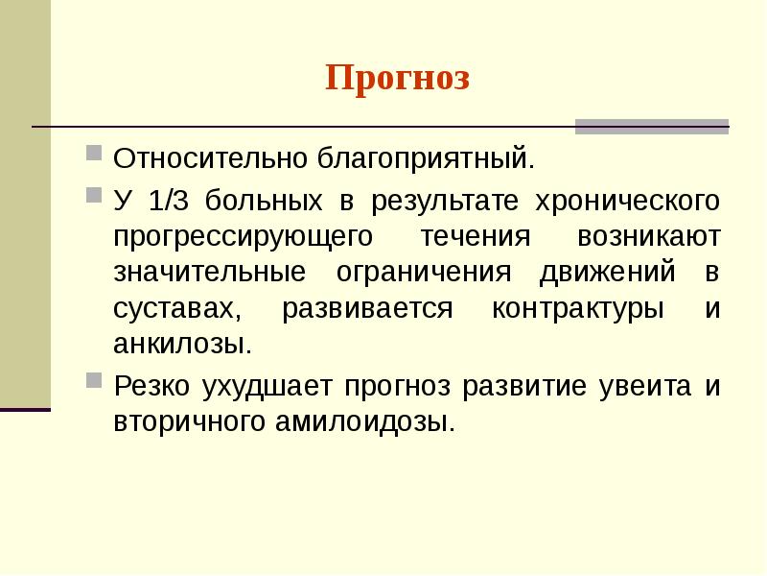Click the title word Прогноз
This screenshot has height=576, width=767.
[397, 78]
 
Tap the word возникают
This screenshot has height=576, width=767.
[648, 236]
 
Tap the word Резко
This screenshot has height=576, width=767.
[151, 387]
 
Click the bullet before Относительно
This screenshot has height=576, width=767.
[92, 153]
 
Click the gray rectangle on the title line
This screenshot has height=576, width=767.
[651, 127]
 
